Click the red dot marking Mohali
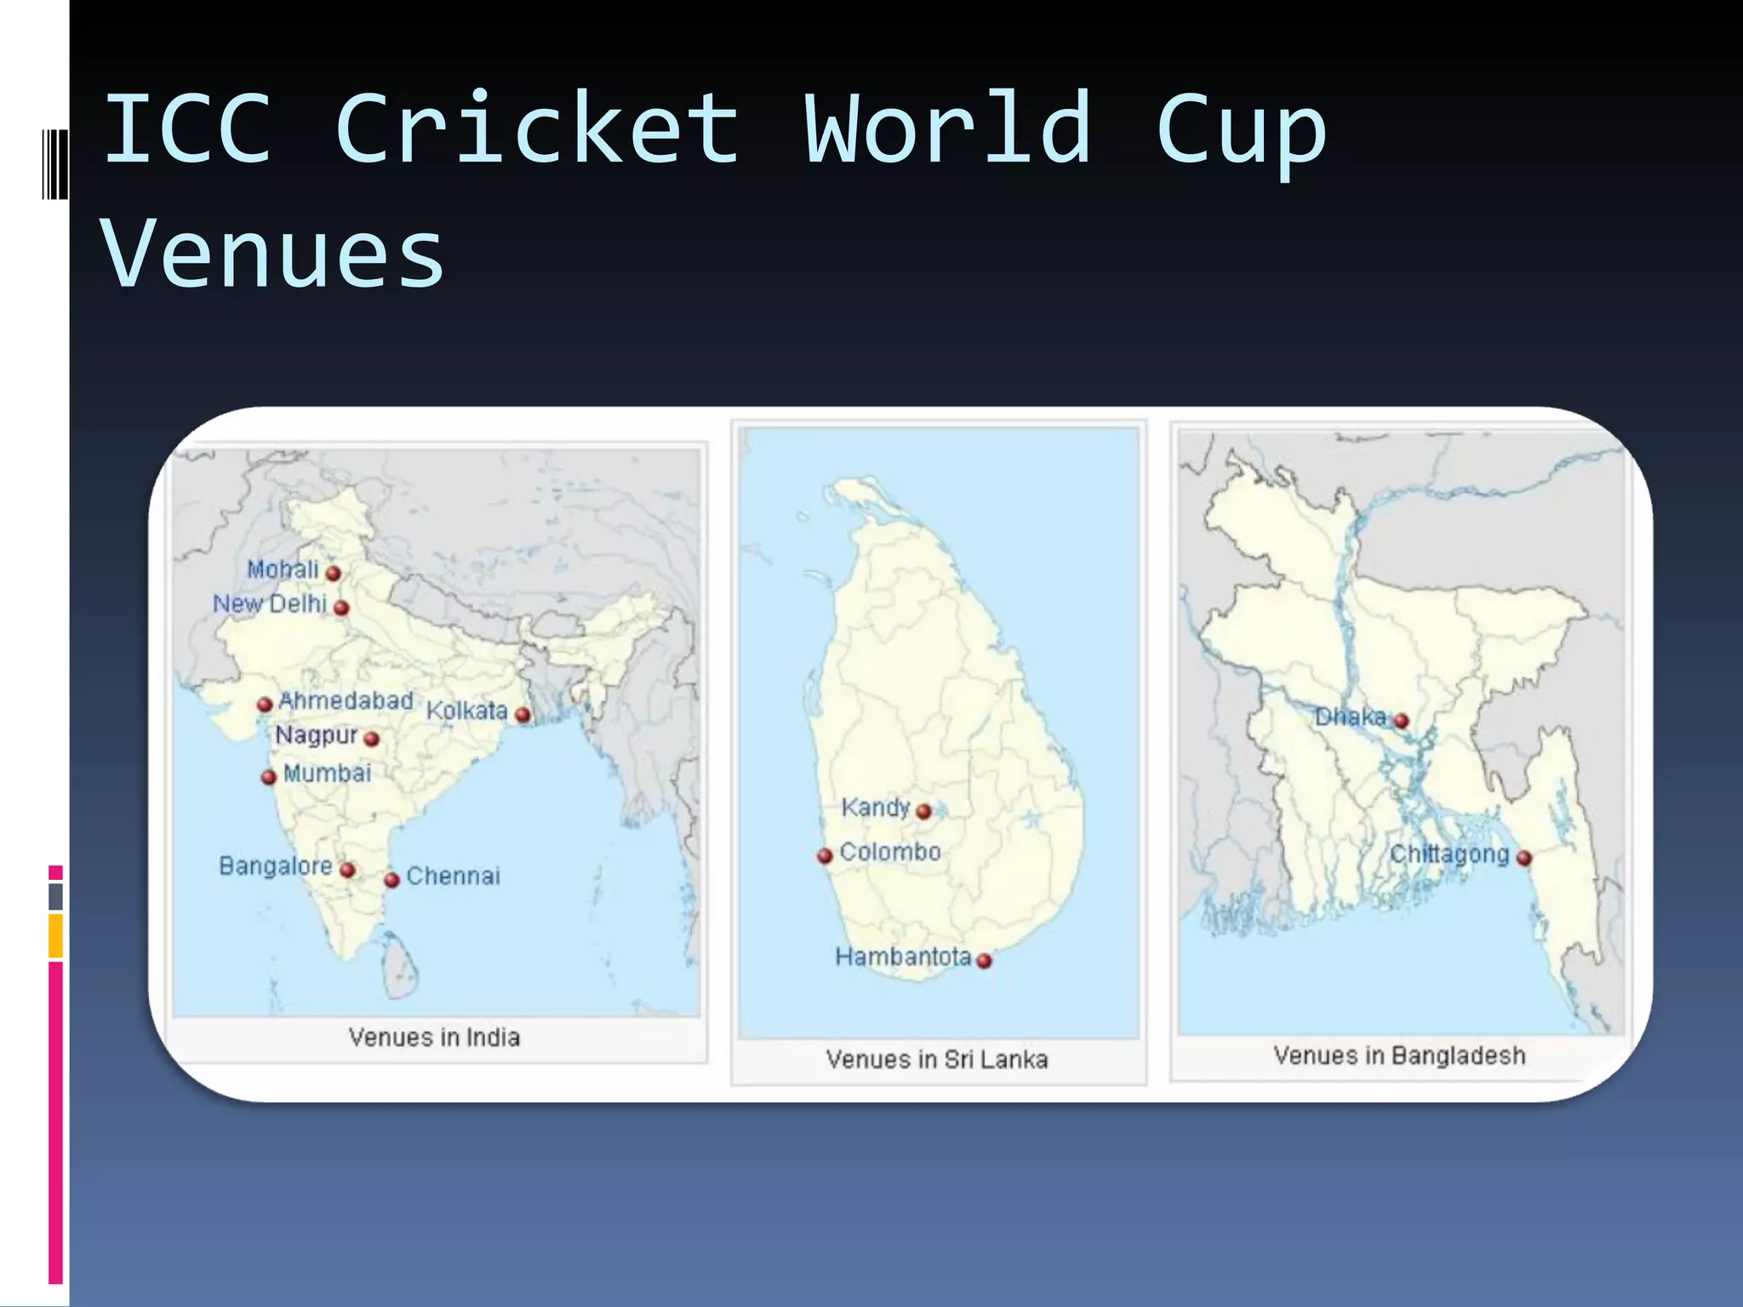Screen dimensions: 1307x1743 pos(334,574)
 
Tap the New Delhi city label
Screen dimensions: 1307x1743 pos(270,604)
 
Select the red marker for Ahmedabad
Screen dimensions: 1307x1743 pos(265,705)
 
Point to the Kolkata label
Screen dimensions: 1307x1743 pos(466,711)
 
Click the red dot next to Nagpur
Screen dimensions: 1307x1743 pos(371,739)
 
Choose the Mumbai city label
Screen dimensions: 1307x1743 pos(328,773)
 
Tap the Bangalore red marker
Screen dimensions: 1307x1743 pos(347,870)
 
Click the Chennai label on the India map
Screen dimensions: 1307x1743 pos(453,876)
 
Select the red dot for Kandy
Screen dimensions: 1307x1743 pos(923,812)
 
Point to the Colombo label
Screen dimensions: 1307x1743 pos(890,852)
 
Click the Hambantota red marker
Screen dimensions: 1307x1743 pos(985,961)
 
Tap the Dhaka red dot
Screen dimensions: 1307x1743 pos(1401,722)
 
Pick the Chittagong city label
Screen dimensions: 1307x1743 pos(1449,854)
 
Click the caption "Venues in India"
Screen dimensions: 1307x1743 pos(434,1037)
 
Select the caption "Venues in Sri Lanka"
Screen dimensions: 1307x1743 pos(936,1059)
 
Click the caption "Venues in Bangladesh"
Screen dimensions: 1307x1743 pos(1399,1056)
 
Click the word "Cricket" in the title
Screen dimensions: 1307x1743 pos(538,129)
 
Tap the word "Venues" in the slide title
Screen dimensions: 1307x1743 pos(273,254)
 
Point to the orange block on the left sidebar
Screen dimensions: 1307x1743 pos(55,935)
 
